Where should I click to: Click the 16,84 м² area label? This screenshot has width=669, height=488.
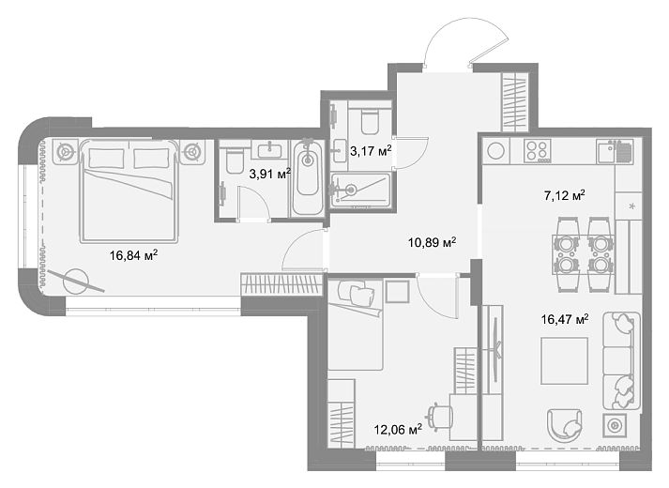133,255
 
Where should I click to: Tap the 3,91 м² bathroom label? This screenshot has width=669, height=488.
269,174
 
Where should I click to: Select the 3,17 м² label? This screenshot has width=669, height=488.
371,150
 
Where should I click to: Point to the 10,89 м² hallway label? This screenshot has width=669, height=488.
432,243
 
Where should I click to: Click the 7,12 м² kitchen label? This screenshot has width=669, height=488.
564,195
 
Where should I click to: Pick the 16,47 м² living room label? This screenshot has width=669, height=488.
565,319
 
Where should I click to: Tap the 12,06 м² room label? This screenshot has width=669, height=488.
398,429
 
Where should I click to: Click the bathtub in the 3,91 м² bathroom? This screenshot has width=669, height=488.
307,177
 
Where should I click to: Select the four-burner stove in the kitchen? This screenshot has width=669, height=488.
537,150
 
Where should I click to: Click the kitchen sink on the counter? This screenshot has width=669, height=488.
615,151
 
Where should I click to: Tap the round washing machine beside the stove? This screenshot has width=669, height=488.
495,150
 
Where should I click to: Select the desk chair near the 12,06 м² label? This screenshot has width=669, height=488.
440,417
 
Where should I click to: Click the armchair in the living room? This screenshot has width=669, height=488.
565,425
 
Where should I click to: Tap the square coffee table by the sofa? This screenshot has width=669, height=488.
564,361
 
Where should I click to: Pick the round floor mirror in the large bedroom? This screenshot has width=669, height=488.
76,282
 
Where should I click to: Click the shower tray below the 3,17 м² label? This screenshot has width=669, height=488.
360,190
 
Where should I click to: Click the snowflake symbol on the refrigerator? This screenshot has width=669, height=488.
631,206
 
